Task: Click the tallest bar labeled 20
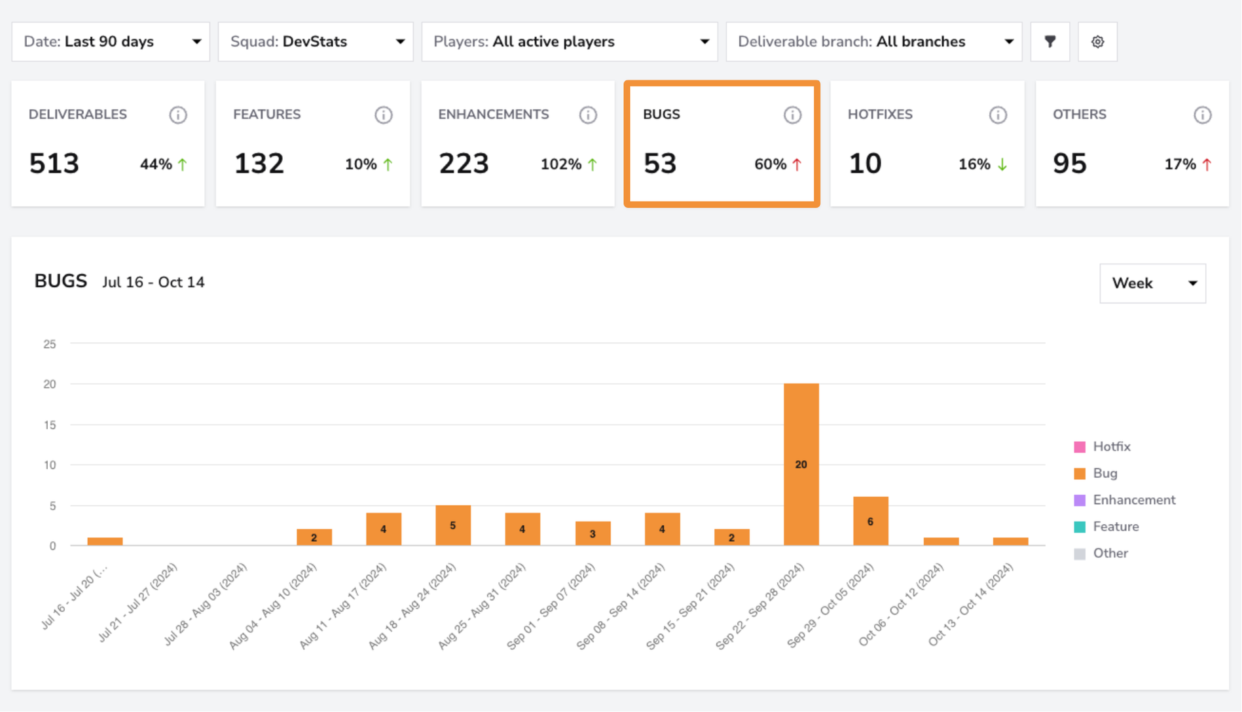click(801, 464)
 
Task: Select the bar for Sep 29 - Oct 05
click(870, 521)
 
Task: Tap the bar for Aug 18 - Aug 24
click(452, 525)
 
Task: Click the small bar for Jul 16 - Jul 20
click(105, 541)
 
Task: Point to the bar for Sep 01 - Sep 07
click(593, 533)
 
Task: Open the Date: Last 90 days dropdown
click(111, 42)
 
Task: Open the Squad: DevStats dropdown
click(316, 42)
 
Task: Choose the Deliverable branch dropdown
click(874, 42)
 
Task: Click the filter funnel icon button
click(1050, 42)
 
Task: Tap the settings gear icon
click(1098, 42)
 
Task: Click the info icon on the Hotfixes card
click(998, 115)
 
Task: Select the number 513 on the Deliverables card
click(54, 164)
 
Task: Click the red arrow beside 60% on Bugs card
click(797, 164)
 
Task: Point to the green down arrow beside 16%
click(1002, 164)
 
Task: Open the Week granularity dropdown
click(1152, 283)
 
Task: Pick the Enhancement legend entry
click(1125, 500)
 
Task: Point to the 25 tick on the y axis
click(50, 344)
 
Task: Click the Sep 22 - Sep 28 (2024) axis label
click(759, 606)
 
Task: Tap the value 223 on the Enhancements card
click(464, 164)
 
